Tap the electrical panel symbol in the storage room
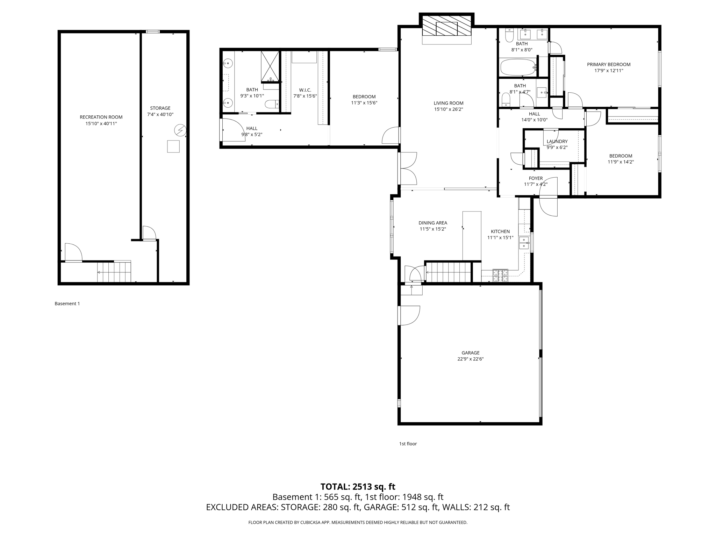[180, 130]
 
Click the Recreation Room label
[101, 117]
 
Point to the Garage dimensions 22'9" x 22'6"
[470, 359]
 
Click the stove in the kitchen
[500, 275]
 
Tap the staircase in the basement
[114, 272]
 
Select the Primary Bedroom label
[608, 64]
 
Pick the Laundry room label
[557, 141]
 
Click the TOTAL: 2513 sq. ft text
[358, 487]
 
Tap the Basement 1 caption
[67, 303]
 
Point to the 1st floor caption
[408, 444]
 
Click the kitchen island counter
[472, 236]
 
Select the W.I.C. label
[305, 90]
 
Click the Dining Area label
[433, 223]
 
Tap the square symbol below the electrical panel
[173, 146]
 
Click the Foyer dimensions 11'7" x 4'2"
[535, 185]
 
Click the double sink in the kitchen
[524, 242]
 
